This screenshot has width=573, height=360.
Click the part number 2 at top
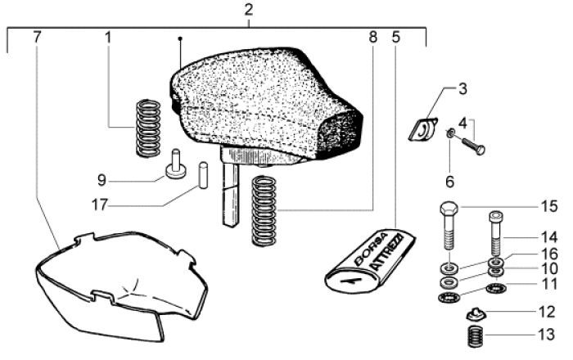[x=249, y=11]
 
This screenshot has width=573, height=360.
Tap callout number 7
[x=37, y=37]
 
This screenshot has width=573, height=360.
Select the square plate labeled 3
[x=423, y=129]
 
